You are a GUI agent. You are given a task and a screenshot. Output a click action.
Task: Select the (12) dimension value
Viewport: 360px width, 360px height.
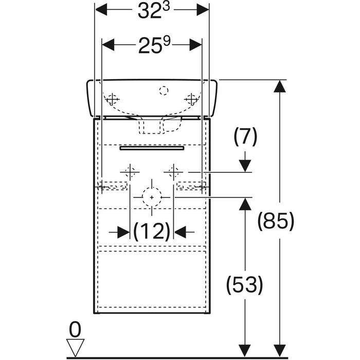(x=152, y=232)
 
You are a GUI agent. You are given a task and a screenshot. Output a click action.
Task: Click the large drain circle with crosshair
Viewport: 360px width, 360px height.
(x=151, y=196)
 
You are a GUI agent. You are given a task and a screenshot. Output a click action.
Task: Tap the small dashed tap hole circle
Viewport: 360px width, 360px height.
(x=164, y=92)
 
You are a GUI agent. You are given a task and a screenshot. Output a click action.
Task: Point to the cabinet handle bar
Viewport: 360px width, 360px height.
(x=151, y=148)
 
